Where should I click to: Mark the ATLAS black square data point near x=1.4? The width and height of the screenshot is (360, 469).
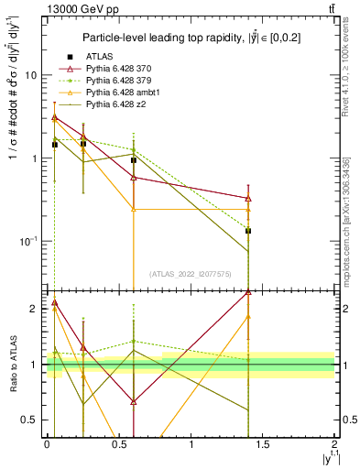[x=248, y=231]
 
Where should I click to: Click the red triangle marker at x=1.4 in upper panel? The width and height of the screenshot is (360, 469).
[x=248, y=198]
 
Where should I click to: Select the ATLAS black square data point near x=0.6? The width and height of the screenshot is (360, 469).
[x=134, y=160]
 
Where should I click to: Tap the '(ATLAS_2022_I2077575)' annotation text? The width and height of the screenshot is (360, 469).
[x=191, y=273]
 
